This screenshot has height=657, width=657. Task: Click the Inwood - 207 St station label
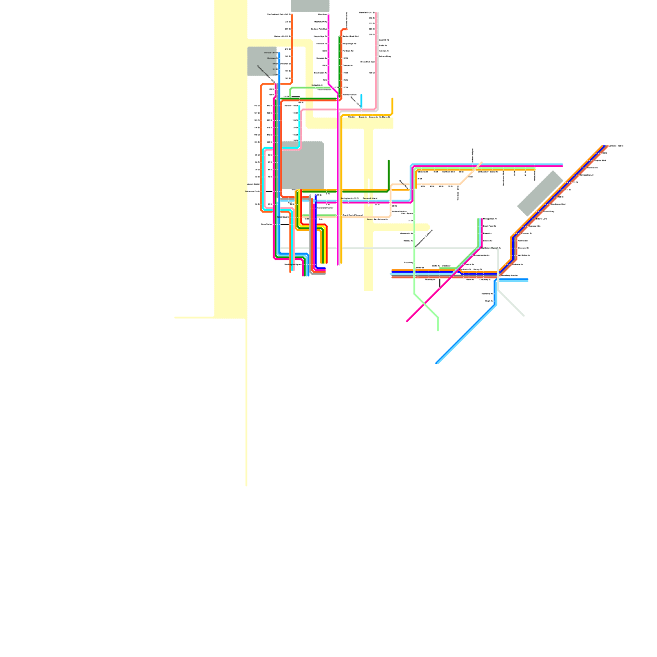click(x=270, y=53)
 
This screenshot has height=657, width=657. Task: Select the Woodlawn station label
click(x=322, y=14)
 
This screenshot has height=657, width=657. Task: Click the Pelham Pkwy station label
click(x=385, y=56)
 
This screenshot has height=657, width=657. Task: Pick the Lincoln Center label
click(x=253, y=184)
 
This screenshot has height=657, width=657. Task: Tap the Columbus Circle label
click(x=252, y=191)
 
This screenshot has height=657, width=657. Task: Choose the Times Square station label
click(x=283, y=217)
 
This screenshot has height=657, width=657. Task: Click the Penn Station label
click(x=266, y=224)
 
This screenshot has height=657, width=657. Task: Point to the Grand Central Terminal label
click(x=352, y=215)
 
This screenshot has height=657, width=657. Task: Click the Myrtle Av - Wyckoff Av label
click(x=491, y=248)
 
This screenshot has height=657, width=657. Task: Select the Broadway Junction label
click(x=510, y=276)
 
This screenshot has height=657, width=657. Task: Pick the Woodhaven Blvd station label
click(x=558, y=204)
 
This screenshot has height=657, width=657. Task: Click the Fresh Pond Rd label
click(x=489, y=226)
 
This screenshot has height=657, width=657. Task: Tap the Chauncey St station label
click(x=485, y=280)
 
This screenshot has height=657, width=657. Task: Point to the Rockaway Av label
click(x=487, y=294)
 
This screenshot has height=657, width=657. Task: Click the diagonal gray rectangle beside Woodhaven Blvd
click(x=540, y=193)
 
